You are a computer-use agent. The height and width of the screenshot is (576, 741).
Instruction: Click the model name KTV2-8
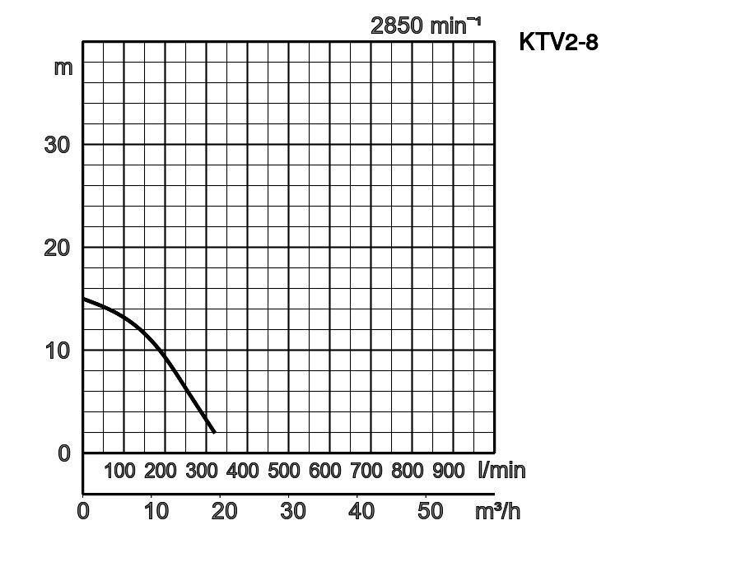pyautogui.click(x=558, y=42)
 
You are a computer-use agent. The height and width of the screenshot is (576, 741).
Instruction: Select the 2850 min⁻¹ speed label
pyautogui.click(x=425, y=26)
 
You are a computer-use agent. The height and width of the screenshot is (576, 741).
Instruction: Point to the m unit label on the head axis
pyautogui.click(x=63, y=67)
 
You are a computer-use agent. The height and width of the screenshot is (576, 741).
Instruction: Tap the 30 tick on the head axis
pyautogui.click(x=57, y=145)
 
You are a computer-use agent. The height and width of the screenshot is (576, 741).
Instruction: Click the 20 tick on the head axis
pyautogui.click(x=57, y=248)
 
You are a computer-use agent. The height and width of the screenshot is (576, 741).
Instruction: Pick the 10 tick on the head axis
pyautogui.click(x=57, y=351)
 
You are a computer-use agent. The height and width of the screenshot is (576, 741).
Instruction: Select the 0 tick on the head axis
pyautogui.click(x=65, y=453)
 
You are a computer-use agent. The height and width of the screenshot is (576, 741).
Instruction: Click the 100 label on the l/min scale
pyautogui.click(x=119, y=471)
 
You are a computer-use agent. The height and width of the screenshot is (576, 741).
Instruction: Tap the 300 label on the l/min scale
pyautogui.click(x=202, y=471)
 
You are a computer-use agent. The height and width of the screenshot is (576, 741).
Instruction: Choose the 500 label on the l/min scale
pyautogui.click(x=284, y=471)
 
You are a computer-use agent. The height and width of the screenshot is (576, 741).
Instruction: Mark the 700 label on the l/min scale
pyautogui.click(x=366, y=471)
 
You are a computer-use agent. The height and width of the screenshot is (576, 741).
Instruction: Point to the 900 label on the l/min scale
pyautogui.click(x=449, y=471)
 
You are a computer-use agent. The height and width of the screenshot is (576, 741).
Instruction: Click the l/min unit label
pyautogui.click(x=501, y=471)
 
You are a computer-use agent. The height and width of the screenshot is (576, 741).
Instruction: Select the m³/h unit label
pyautogui.click(x=497, y=511)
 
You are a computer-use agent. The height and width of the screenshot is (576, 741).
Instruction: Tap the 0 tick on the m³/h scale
pyautogui.click(x=83, y=511)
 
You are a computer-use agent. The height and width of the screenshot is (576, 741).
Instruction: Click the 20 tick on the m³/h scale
pyautogui.click(x=224, y=511)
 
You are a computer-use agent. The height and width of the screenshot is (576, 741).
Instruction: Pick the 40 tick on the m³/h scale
pyautogui.click(x=361, y=511)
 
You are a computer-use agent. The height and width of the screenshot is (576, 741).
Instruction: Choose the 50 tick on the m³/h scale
pyautogui.click(x=430, y=511)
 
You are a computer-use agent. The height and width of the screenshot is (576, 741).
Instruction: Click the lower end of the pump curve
pyautogui.click(x=214, y=432)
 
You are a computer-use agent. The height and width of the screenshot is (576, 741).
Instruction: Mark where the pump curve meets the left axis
pyautogui.click(x=83, y=299)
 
